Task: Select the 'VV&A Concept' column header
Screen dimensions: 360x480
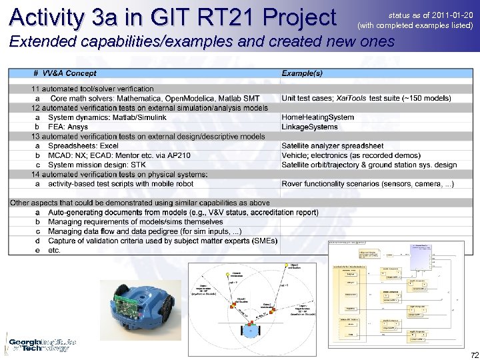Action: click(69, 73)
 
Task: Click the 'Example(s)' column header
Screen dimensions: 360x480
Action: click(302, 73)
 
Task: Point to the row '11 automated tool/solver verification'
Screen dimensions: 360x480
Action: click(93, 89)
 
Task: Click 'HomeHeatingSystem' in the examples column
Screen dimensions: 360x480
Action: click(317, 117)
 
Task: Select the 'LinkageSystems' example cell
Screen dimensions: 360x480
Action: click(309, 127)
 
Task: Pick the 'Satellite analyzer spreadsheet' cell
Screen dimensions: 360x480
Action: click(332, 146)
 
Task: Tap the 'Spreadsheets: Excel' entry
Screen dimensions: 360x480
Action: click(83, 146)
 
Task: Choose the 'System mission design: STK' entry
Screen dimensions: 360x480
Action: click(96, 165)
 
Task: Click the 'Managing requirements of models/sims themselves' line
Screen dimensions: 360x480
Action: click(137, 222)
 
